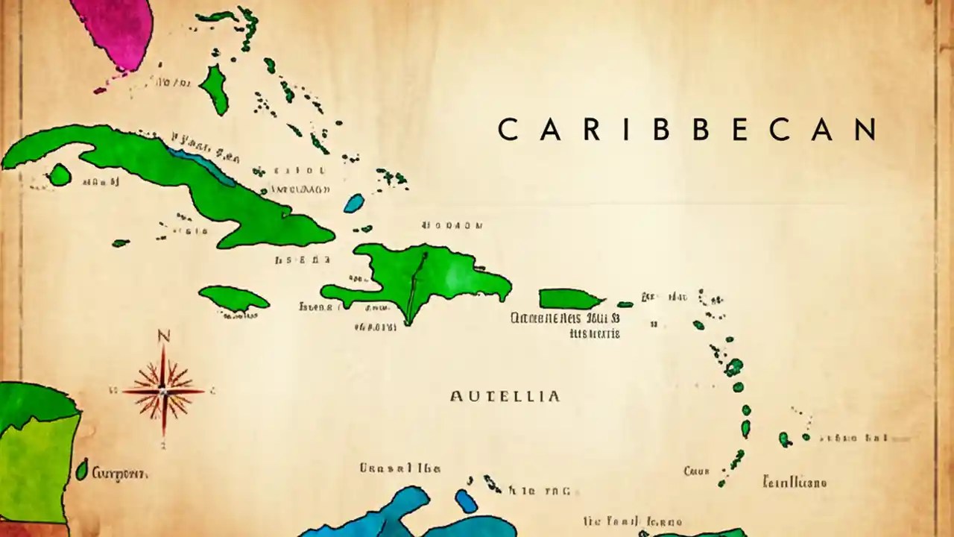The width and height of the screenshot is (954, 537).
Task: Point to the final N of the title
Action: [x=865, y=129]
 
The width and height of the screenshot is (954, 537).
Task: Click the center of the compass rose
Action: [x=163, y=390]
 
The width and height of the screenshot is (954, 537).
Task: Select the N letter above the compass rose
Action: [x=164, y=337]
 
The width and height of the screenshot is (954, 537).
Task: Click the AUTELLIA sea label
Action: [x=505, y=396]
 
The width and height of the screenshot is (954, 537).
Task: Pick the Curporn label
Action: [x=119, y=474]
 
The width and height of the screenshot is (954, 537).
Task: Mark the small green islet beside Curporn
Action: [x=82, y=470]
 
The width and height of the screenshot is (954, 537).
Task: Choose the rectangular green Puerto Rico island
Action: [x=568, y=299]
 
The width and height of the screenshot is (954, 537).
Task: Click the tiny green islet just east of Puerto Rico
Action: [x=625, y=304]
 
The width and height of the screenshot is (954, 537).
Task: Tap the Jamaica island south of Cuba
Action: [x=233, y=298]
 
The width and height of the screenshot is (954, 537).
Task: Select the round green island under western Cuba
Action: [x=59, y=175]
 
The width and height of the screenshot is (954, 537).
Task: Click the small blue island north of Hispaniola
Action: [x=354, y=203]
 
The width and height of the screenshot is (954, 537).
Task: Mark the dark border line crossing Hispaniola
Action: [x=414, y=287]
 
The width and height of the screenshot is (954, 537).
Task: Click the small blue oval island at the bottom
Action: [x=467, y=500]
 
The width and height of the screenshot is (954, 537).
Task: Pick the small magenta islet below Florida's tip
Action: [x=100, y=90]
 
